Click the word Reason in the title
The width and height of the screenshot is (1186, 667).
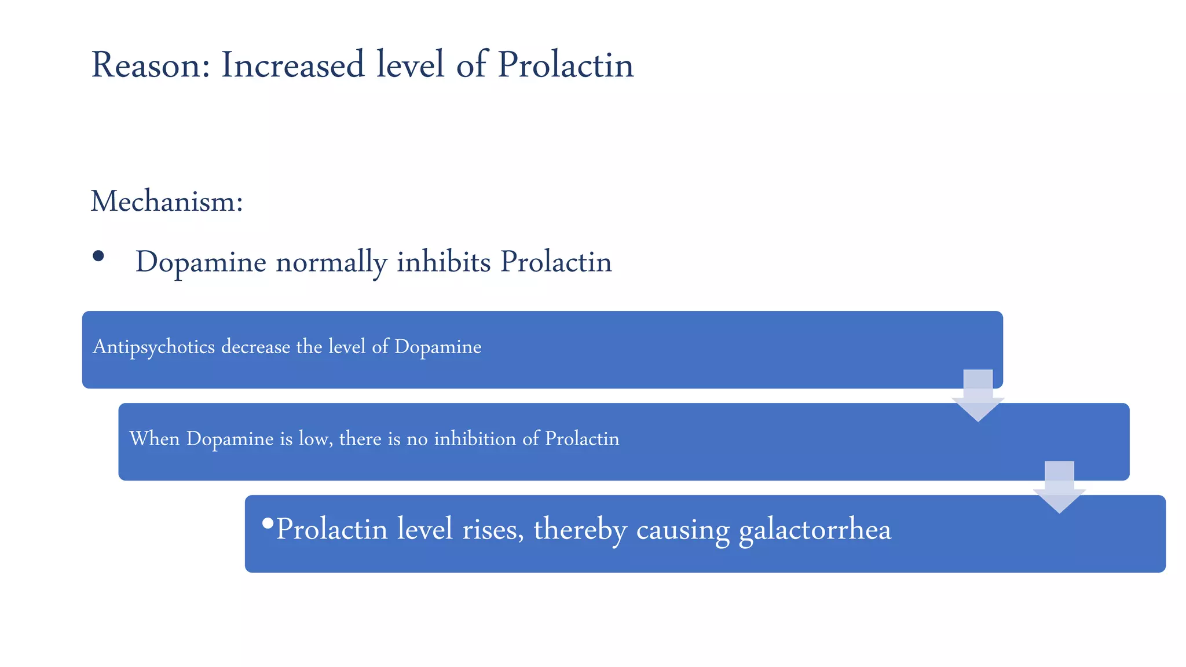click(x=150, y=65)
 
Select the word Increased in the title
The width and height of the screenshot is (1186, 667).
click(x=292, y=65)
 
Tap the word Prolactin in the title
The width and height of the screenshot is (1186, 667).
click(x=565, y=65)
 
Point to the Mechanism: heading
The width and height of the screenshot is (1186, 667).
click(x=167, y=202)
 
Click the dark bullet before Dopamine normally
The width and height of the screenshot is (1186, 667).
click(x=98, y=256)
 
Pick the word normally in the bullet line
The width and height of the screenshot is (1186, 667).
click(x=331, y=262)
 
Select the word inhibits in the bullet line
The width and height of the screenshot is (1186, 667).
click(x=444, y=262)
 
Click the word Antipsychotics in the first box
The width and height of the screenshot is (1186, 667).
click(x=153, y=347)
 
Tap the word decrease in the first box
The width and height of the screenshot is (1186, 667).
click(x=255, y=347)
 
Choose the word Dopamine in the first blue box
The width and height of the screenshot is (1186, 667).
click(x=438, y=347)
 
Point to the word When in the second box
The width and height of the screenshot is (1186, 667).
click(x=154, y=439)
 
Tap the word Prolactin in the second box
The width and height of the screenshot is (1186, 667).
click(x=582, y=439)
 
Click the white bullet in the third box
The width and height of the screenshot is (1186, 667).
click(x=268, y=523)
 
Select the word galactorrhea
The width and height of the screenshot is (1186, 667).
click(x=815, y=530)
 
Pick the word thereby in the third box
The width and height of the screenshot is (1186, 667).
click(x=580, y=530)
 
